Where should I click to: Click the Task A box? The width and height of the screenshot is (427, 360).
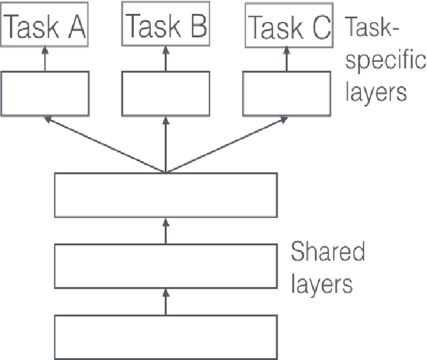(45, 27)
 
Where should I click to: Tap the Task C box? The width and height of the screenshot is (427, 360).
(288, 27)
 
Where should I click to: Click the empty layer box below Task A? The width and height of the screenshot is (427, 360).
(45, 94)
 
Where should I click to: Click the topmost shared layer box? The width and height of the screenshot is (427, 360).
(165, 195)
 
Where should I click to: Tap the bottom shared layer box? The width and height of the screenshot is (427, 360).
(165, 337)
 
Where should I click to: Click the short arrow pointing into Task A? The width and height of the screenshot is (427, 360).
(45, 59)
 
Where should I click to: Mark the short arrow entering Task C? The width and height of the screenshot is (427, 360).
(288, 59)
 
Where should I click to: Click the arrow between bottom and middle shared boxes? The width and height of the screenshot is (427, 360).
(165, 303)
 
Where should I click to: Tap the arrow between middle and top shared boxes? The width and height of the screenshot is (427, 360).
(165, 231)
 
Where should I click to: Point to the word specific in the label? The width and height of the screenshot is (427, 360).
(385, 61)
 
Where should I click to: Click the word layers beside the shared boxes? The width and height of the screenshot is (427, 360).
(321, 284)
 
